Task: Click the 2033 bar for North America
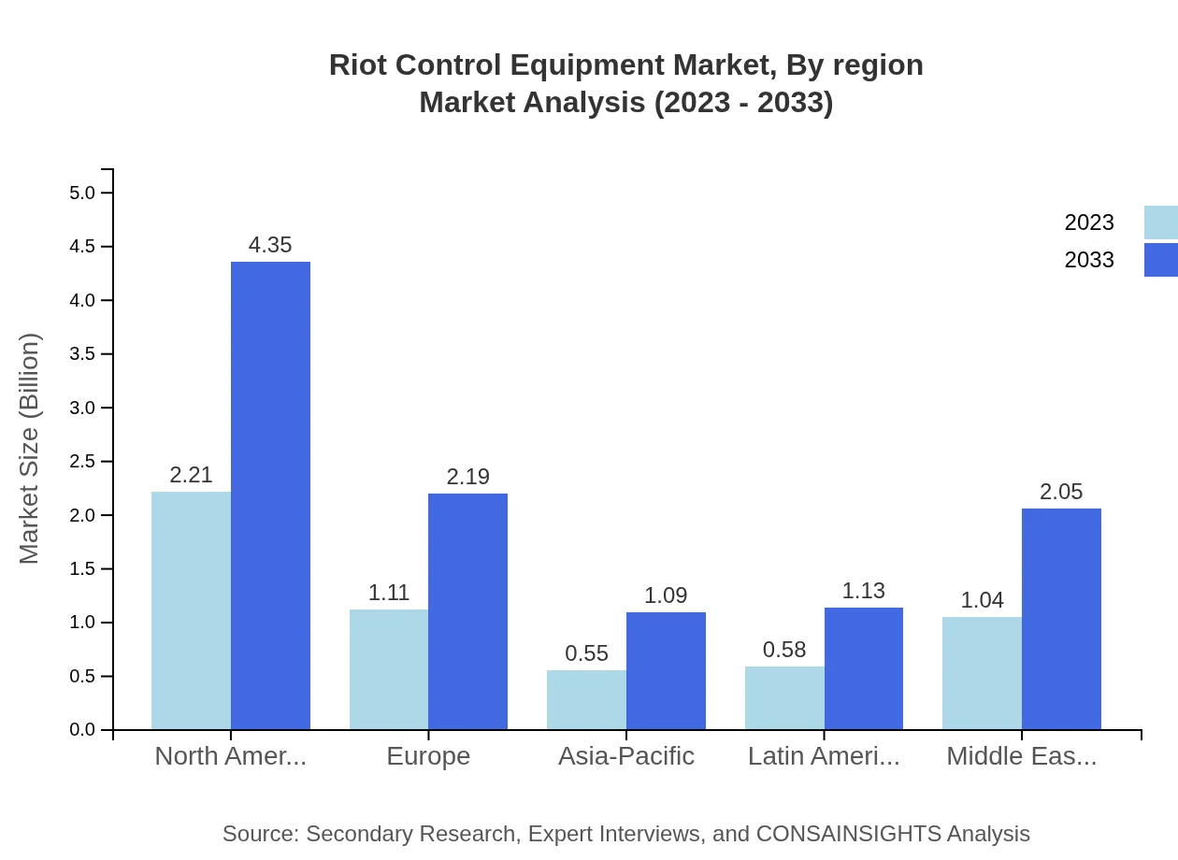tap(270, 495)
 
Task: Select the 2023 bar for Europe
tap(389, 669)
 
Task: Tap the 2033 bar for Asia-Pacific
tap(666, 670)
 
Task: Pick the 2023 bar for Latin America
tap(784, 697)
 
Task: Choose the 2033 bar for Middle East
tap(1061, 619)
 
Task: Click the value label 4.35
tap(270, 245)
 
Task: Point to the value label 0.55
tap(587, 653)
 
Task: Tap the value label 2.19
tap(467, 477)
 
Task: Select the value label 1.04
tap(982, 600)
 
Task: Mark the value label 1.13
tap(863, 591)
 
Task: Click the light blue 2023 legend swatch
tap(1160, 222)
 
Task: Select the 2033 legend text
tap(1089, 260)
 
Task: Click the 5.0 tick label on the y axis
tap(82, 193)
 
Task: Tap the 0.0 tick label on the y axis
tap(82, 730)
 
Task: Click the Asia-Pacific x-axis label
tap(625, 756)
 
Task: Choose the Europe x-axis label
tap(428, 756)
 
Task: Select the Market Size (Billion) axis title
tap(30, 449)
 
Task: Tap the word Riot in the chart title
tap(355, 65)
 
